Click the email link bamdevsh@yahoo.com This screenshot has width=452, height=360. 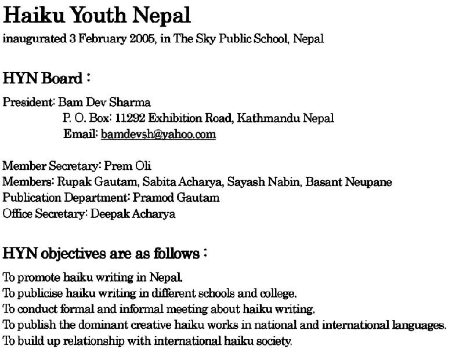point(158,134)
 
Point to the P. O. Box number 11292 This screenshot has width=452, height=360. point(130,118)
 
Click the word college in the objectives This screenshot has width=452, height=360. point(280,292)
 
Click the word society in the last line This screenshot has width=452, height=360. point(275,340)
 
